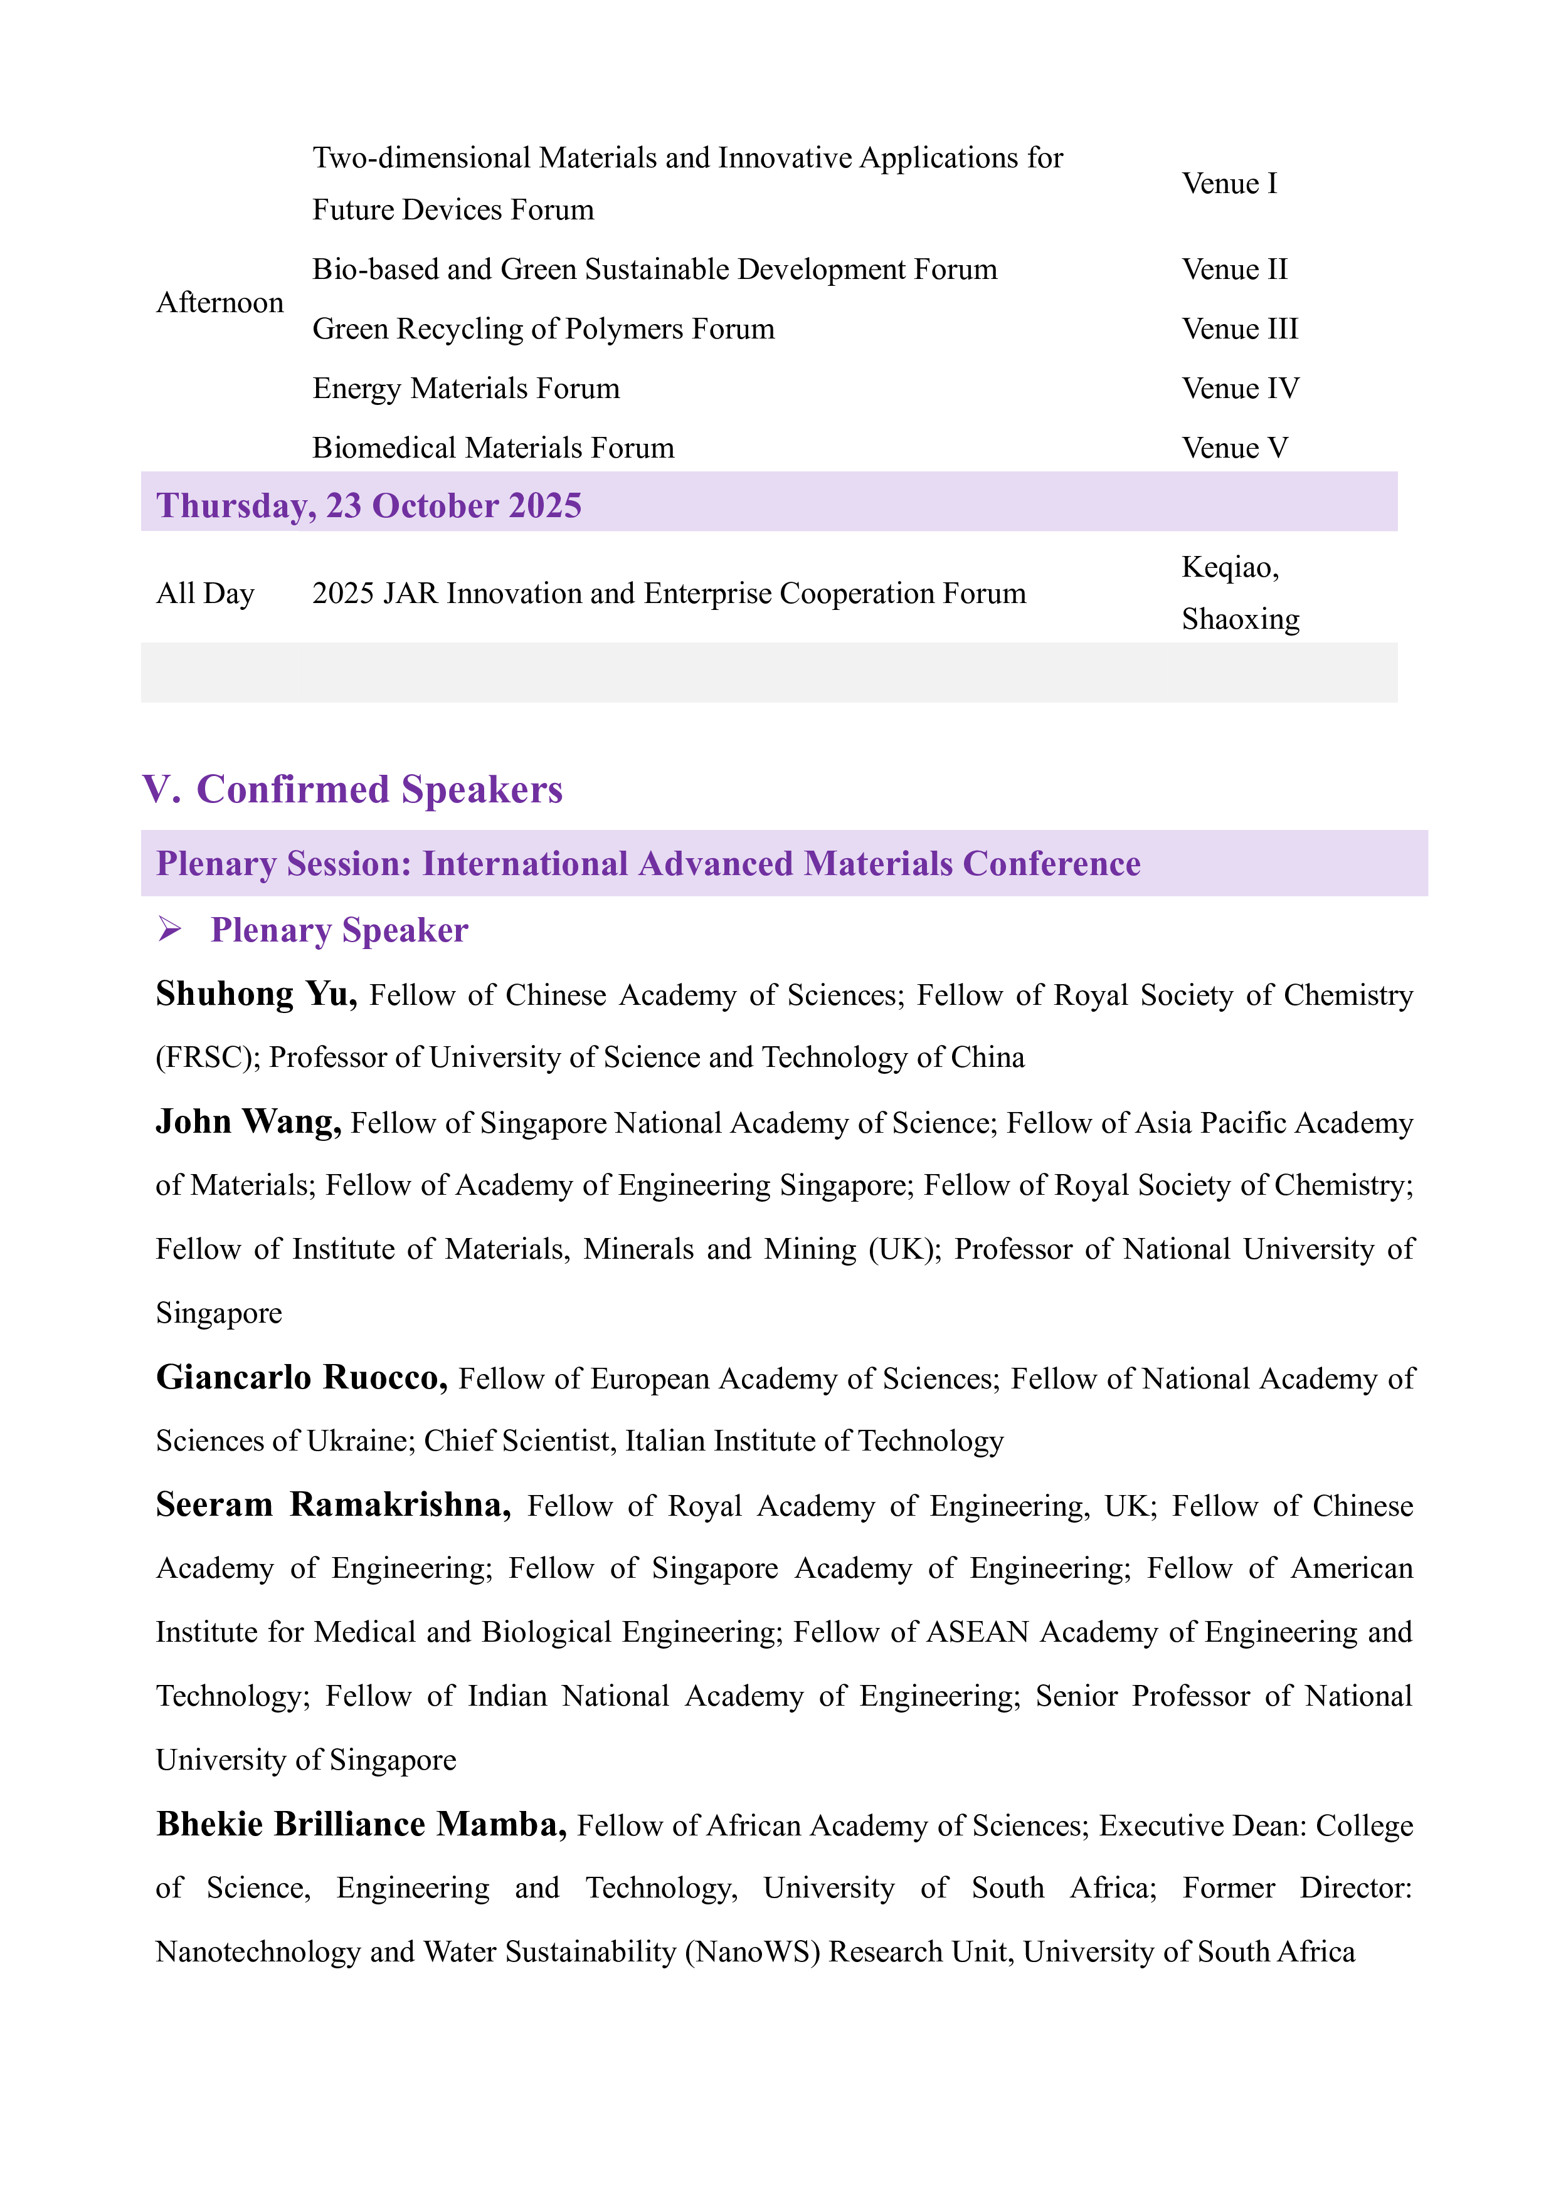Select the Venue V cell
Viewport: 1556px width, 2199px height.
pyautogui.click(x=1234, y=448)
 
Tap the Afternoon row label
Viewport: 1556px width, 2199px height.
pyautogui.click(x=220, y=303)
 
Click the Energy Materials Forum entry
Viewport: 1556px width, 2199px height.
pyautogui.click(x=465, y=388)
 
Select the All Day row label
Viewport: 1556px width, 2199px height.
pyautogui.click(x=205, y=593)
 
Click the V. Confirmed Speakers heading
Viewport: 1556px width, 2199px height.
pyautogui.click(x=352, y=789)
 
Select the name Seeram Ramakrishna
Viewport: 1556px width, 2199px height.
pyautogui.click(x=332, y=1504)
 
